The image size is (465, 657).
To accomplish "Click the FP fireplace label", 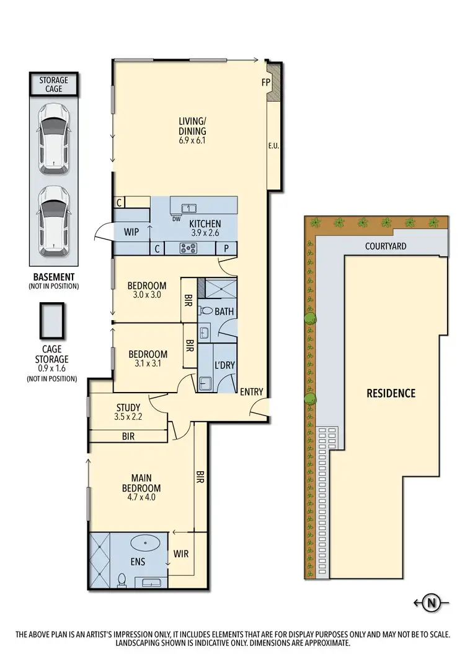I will click(x=266, y=81).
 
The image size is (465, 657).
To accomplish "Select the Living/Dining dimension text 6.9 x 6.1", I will click(x=192, y=141).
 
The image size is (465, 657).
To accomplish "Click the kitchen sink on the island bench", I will click(x=189, y=208).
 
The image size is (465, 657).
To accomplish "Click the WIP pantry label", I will click(x=131, y=232).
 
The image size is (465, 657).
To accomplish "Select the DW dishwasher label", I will click(x=176, y=218).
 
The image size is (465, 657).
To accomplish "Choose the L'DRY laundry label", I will click(x=224, y=365).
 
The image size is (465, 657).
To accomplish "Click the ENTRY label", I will click(x=251, y=392).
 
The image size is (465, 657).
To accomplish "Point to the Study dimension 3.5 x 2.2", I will click(x=128, y=417).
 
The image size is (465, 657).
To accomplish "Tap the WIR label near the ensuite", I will click(x=181, y=553).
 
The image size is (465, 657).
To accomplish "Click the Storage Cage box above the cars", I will click(x=54, y=85).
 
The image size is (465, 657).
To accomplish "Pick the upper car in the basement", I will click(x=54, y=139).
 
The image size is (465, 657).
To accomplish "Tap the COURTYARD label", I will click(x=386, y=246).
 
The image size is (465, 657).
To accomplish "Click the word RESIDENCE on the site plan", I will click(x=391, y=393).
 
